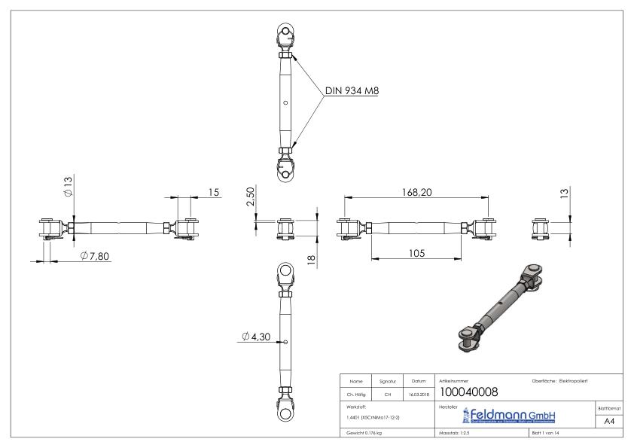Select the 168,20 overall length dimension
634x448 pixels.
pos(416,193)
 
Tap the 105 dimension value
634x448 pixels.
pos(416,253)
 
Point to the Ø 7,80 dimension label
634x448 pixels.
pos(95,256)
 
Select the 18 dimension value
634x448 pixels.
pos(309,259)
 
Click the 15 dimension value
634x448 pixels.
pos(214,193)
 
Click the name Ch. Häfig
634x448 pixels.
pos(357,392)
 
